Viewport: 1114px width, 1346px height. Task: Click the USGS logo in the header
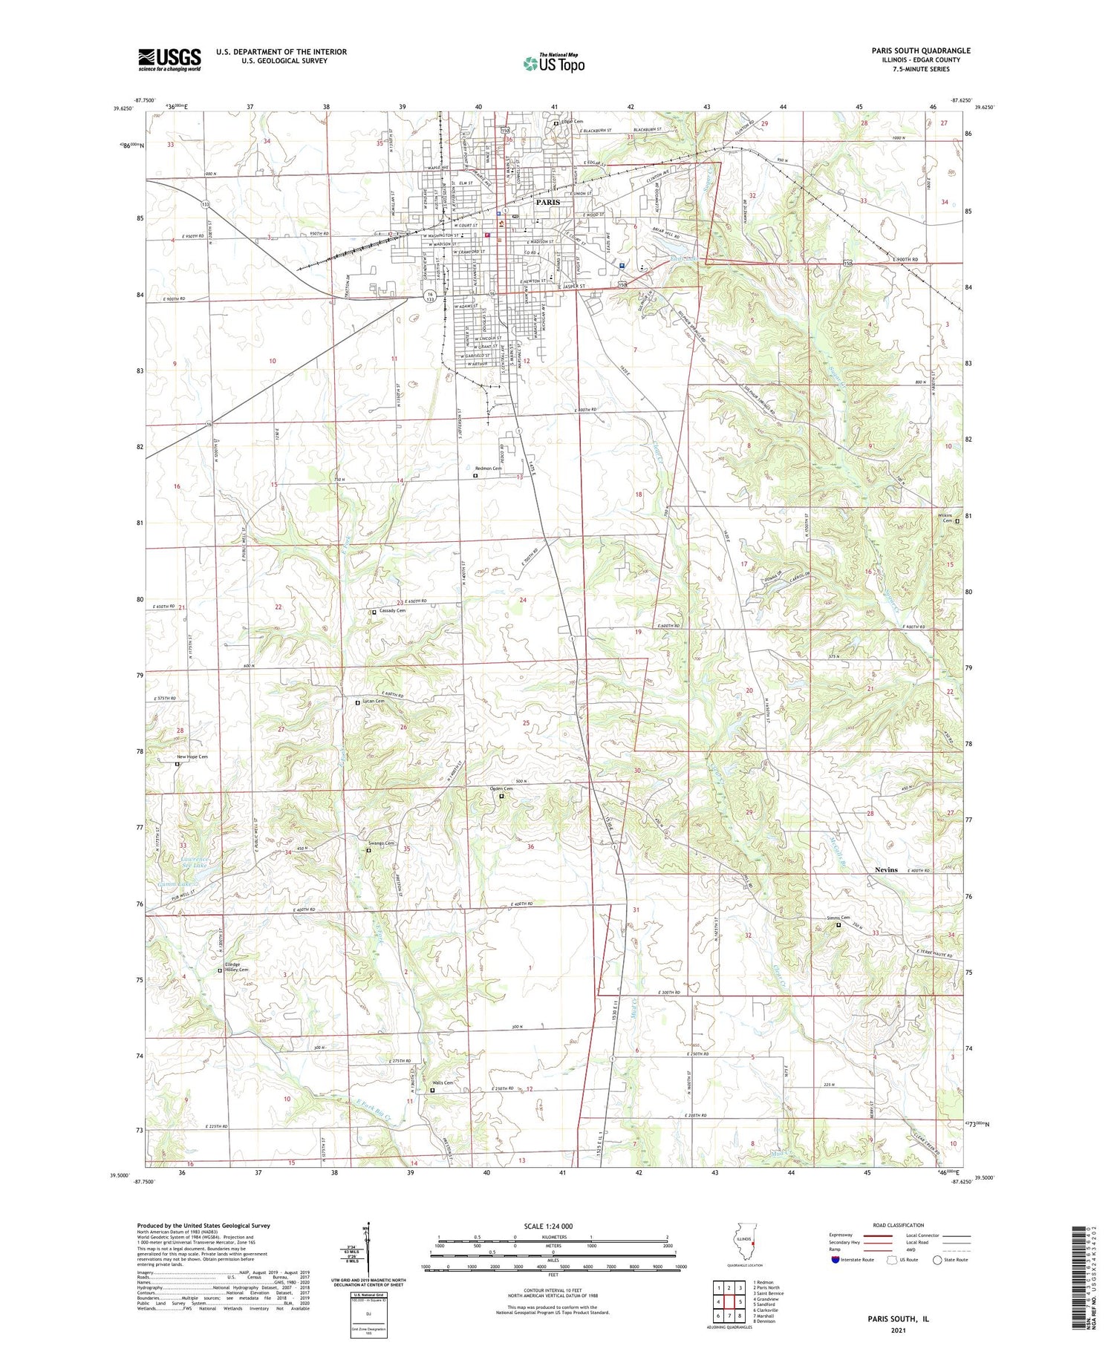(x=169, y=59)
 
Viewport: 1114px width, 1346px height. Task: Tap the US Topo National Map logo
(x=553, y=63)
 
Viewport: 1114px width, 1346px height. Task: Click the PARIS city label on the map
(x=550, y=201)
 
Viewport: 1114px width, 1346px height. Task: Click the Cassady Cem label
(x=393, y=610)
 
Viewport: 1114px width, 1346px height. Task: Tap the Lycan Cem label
(x=374, y=701)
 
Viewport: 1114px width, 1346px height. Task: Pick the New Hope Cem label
(x=192, y=757)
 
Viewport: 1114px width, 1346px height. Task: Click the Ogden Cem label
(x=501, y=788)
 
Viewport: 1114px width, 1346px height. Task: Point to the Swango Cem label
(x=382, y=843)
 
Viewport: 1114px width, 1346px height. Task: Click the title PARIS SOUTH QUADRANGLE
(x=911, y=50)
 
